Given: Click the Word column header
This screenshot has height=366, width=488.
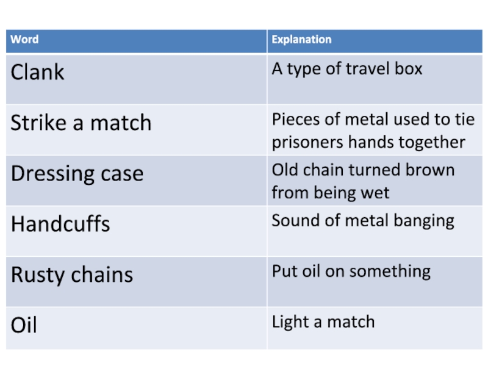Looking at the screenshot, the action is pos(25,40).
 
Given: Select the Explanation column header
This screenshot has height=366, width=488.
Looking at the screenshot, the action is pos(301,40).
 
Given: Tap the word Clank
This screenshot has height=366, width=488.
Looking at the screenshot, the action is pos(37,73).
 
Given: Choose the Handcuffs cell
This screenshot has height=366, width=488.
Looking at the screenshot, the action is pos(60,224).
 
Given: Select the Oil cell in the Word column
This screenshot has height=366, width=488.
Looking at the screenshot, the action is pos(24,325).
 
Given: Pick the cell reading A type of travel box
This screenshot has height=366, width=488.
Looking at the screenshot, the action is pos(346,69).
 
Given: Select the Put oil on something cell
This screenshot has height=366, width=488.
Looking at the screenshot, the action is pos(351,271).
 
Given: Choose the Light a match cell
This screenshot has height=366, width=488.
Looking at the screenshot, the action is pos(323,321).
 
